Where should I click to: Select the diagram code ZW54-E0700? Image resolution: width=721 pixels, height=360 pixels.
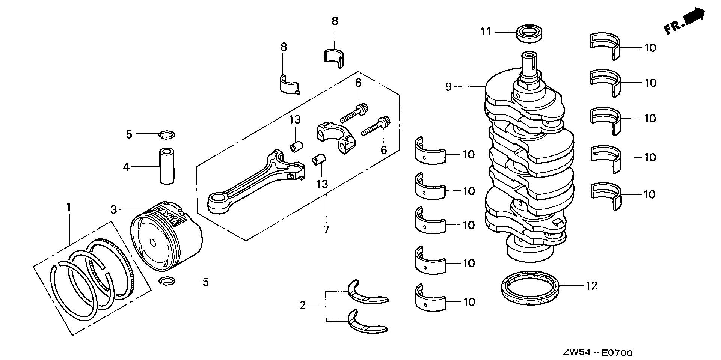point(597,352)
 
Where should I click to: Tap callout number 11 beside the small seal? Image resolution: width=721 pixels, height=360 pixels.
point(486,32)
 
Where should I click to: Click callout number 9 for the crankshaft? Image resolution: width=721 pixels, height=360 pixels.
point(449,87)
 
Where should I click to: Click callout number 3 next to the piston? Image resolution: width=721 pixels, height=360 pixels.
point(114,209)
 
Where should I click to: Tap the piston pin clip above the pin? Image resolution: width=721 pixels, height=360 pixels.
point(166,134)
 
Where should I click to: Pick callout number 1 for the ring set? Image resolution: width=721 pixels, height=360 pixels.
point(69,206)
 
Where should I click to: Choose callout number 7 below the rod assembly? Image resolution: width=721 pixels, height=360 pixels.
point(326,229)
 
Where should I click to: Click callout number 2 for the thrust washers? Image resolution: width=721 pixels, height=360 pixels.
point(303,306)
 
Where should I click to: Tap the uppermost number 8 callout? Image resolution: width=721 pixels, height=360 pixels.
point(335,21)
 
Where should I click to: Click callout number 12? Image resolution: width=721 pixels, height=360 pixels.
point(591,286)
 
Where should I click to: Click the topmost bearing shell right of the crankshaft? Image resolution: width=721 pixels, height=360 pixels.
point(604,47)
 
